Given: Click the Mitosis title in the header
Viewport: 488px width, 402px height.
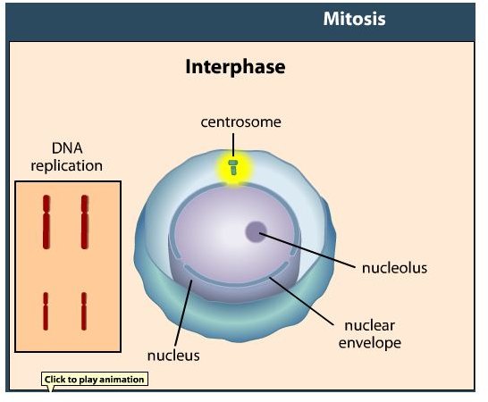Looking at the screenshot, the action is [354, 19].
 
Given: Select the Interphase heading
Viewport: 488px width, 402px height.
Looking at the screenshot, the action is [235, 67].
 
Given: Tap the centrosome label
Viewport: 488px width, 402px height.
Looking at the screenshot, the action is [241, 122].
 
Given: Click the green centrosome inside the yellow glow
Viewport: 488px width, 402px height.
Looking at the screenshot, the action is [233, 167].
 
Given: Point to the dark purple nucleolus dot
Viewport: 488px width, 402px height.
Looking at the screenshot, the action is [257, 231].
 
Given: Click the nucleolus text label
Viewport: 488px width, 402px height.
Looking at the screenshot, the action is [395, 268].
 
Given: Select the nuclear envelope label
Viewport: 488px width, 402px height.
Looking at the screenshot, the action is [370, 334].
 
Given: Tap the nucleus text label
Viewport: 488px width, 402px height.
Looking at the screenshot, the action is [173, 356].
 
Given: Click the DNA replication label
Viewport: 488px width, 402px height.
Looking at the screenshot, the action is [67, 157].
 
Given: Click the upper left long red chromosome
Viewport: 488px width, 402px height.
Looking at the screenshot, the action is [46, 222].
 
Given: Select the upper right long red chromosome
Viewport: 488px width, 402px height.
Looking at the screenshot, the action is [85, 222].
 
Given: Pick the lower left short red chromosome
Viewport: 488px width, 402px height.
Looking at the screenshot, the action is [46, 311].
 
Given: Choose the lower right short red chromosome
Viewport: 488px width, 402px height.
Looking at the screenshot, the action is [84, 311].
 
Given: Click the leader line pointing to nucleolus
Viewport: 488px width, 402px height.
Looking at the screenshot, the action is [307, 250].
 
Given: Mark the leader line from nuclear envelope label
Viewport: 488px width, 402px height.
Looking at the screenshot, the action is [301, 301].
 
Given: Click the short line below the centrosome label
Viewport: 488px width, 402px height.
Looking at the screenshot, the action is [233, 145].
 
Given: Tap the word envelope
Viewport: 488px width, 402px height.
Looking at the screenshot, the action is [370, 343].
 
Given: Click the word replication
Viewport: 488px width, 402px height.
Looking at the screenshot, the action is [67, 166].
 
